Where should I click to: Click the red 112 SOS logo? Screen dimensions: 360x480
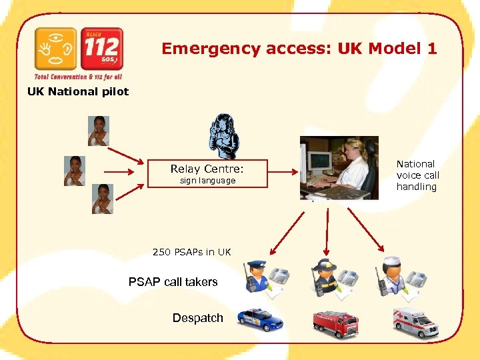tap(101, 49)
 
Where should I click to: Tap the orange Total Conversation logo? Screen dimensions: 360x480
tap(56, 49)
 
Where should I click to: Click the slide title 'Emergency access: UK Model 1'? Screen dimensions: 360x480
tap(299, 49)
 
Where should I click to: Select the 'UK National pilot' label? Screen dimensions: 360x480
tap(77, 91)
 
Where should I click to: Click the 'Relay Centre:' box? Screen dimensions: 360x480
tap(207, 173)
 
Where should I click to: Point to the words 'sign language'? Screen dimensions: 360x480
tap(207, 181)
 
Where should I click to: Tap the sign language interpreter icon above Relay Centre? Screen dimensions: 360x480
tap(225, 135)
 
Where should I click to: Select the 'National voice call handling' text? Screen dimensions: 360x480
tap(417, 175)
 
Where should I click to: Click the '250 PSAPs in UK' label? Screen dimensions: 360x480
tap(191, 252)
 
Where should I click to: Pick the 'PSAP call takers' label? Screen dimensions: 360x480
tap(173, 282)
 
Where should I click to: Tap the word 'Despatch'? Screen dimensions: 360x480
tap(197, 318)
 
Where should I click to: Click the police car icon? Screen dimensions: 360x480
tap(260, 320)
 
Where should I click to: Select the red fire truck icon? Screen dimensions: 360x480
tap(335, 323)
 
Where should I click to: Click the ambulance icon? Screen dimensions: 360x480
tap(415, 323)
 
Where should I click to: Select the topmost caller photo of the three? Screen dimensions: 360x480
tap(99, 131)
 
